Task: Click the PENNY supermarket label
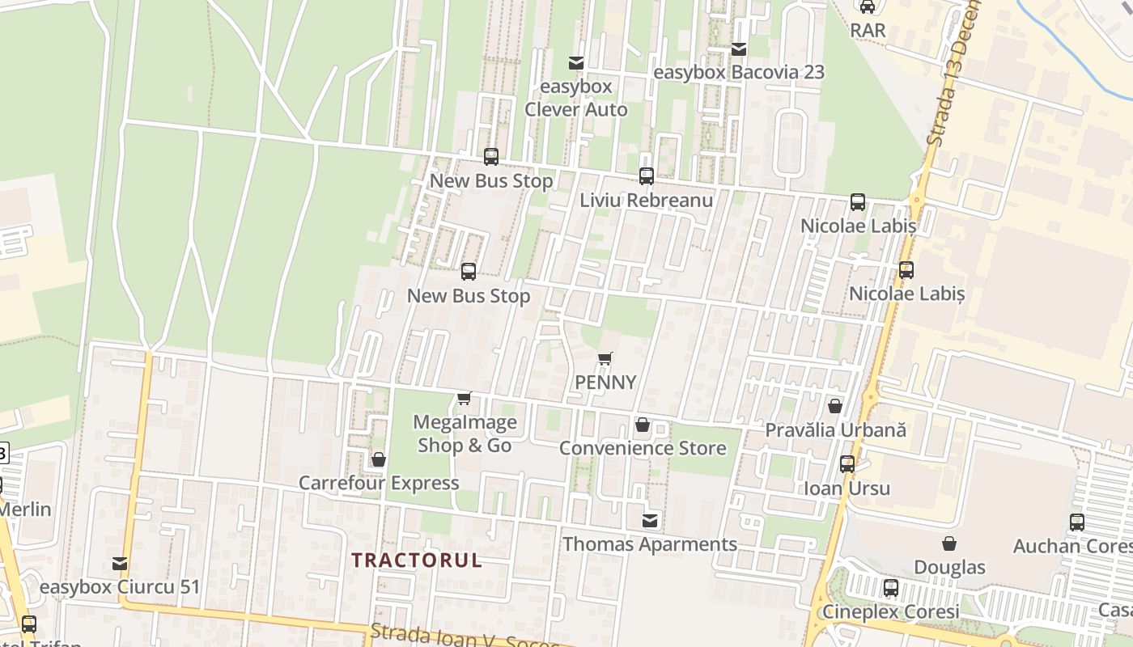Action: pyautogui.click(x=605, y=383)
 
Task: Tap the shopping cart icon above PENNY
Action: pyautogui.click(x=605, y=358)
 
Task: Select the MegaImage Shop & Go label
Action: pyautogui.click(x=465, y=433)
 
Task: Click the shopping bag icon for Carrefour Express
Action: pyautogui.click(x=378, y=460)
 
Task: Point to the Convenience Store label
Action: pyautogui.click(x=643, y=448)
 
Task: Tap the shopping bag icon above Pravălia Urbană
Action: pyautogui.click(x=834, y=406)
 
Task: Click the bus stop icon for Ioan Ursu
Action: pyautogui.click(x=847, y=464)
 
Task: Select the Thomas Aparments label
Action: pyautogui.click(x=650, y=544)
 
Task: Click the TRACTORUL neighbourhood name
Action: pyautogui.click(x=417, y=560)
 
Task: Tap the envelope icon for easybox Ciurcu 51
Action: pyautogui.click(x=120, y=564)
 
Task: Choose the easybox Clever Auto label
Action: pyautogui.click(x=576, y=97)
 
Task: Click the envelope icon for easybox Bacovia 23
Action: pyautogui.click(x=739, y=49)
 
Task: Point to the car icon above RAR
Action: pyautogui.click(x=868, y=6)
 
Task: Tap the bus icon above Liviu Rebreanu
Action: pyautogui.click(x=646, y=175)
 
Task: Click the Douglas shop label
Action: pyautogui.click(x=949, y=568)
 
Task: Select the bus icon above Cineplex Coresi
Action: pyautogui.click(x=891, y=588)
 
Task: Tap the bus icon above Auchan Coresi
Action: pyautogui.click(x=1077, y=522)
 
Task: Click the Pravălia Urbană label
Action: pyautogui.click(x=836, y=430)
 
